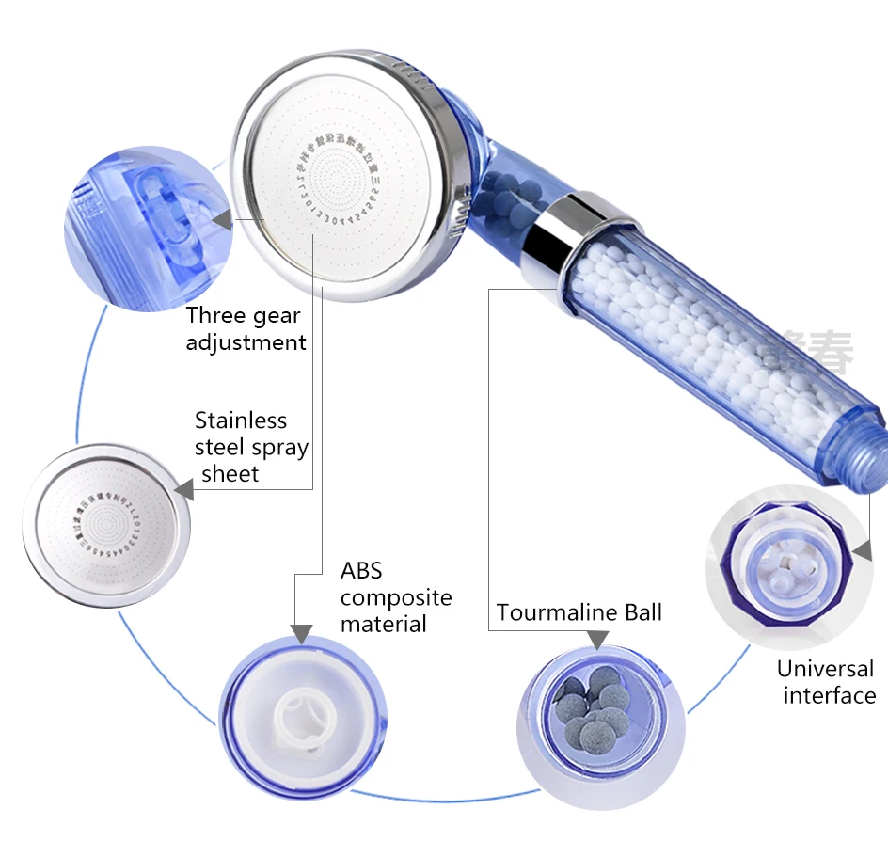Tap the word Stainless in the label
click(241, 421)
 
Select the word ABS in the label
click(361, 571)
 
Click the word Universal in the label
click(825, 670)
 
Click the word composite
click(396, 598)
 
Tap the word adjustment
click(246, 342)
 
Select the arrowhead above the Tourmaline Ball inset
click(596, 640)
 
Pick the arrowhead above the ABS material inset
click(302, 632)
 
